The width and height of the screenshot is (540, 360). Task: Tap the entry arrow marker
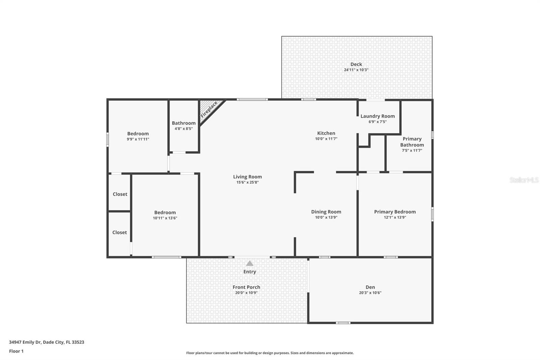pos(249,263)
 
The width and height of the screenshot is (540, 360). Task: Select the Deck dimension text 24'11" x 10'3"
pos(356,70)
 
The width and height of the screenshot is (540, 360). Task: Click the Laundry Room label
pos(377,116)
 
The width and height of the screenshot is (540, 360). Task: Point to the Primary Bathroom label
pos(412,142)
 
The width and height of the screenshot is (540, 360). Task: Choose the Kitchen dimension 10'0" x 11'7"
pos(326,139)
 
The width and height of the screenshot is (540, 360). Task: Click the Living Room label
pos(247,177)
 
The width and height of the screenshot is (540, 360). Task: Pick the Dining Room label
pos(326,212)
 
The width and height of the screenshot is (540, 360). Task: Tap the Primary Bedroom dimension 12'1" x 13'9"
pos(395,217)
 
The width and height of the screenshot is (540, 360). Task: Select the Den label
pos(370,287)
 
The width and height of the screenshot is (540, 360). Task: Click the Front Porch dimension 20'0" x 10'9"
pos(246,293)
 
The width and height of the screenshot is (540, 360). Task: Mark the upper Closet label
pos(120,194)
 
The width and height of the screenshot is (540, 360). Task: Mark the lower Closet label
pos(119,232)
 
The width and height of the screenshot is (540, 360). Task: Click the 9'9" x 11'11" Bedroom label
pos(138,134)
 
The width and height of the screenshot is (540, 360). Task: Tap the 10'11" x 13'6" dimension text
pos(165,218)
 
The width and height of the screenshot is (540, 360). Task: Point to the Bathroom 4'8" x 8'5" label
pos(184,123)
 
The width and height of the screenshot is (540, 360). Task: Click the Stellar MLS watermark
pos(523,180)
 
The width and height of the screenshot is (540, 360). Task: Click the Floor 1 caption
pos(16,351)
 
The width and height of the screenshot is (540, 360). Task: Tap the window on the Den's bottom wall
pos(343,323)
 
